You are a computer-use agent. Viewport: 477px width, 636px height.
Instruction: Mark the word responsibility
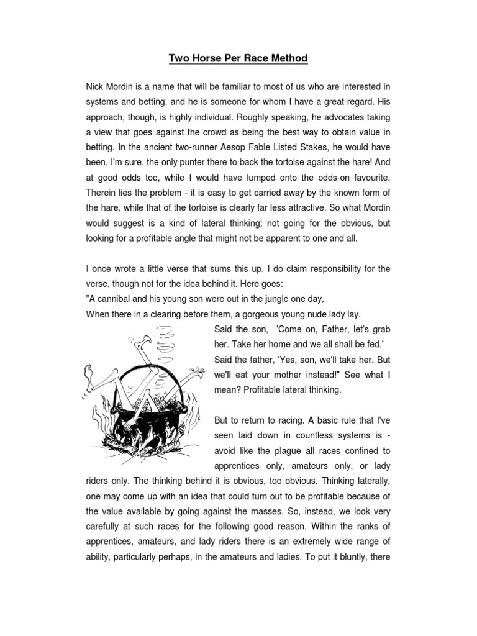point(330,269)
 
